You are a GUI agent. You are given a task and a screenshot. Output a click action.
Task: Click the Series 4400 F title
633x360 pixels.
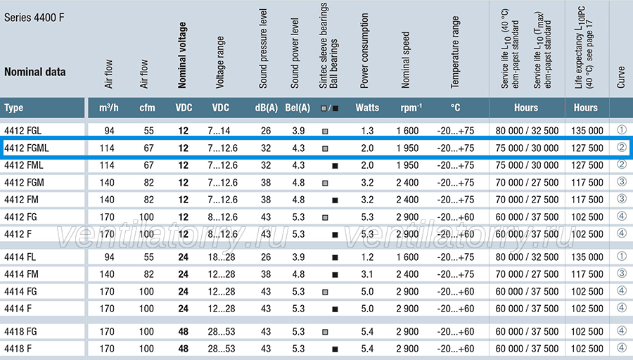(34, 18)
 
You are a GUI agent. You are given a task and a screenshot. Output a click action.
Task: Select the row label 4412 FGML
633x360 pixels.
(26, 148)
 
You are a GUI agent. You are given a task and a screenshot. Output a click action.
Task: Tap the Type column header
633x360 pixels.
(14, 108)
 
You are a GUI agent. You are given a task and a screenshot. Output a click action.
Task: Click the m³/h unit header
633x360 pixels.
(109, 108)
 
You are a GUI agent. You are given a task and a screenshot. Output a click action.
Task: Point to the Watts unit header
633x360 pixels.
(367, 108)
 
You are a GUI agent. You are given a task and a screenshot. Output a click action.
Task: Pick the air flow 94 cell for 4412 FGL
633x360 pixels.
(109, 131)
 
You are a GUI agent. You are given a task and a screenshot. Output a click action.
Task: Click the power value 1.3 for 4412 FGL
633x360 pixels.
(367, 131)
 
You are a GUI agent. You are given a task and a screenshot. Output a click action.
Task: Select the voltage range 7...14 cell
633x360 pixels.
(219, 131)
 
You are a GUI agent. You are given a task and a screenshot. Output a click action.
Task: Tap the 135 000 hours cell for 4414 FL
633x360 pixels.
(587, 257)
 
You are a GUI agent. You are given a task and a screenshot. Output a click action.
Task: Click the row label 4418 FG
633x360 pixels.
(20, 332)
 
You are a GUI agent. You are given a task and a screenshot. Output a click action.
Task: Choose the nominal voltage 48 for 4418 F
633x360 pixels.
(184, 349)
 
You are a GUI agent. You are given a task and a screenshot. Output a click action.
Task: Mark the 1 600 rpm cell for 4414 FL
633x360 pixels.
(407, 257)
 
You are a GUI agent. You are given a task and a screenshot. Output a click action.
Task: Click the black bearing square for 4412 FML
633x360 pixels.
(335, 166)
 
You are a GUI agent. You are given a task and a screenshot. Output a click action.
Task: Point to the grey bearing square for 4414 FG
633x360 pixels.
(324, 292)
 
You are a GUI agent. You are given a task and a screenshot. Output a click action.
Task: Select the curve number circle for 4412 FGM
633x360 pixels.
(622, 181)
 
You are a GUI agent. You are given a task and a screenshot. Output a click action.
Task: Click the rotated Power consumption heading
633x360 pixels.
(364, 51)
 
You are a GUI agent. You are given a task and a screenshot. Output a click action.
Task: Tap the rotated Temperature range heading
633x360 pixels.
(455, 52)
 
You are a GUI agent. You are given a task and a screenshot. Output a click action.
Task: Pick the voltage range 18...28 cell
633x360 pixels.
(222, 257)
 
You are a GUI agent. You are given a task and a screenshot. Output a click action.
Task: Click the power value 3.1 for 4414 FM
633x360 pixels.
(367, 274)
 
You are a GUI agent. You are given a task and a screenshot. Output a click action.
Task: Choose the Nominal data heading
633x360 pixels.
(34, 72)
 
